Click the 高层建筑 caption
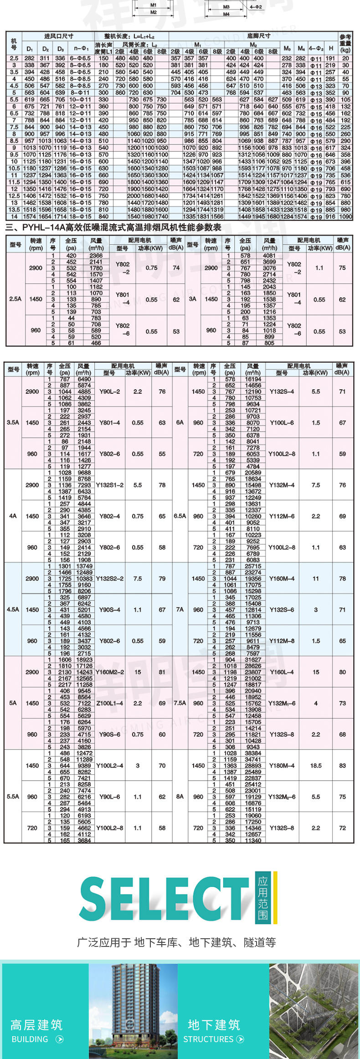(x=36, y=1024)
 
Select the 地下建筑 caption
(x=214, y=1024)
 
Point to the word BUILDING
(x=30, y=1039)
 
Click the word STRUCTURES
(x=208, y=1039)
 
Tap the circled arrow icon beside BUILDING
(x=59, y=1039)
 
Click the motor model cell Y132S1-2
(x=109, y=485)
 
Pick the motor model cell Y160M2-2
(x=109, y=672)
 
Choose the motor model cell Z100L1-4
(x=109, y=703)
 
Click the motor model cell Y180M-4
(x=282, y=766)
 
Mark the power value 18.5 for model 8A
(x=316, y=766)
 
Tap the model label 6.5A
(x=180, y=516)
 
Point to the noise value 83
(x=342, y=766)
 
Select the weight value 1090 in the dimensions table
(x=345, y=217)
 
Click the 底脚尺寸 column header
(x=258, y=36)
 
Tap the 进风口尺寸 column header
(x=59, y=36)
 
